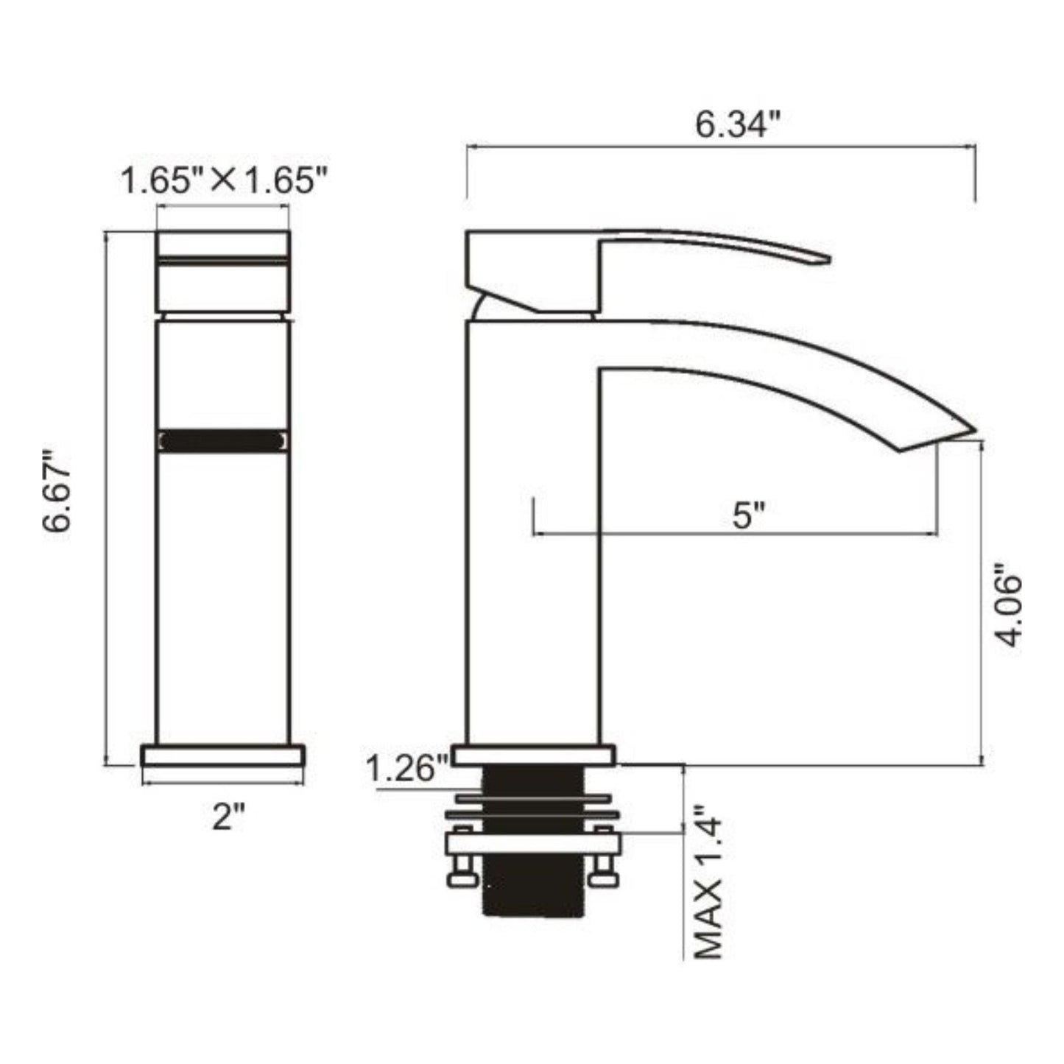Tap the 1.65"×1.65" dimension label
pos(223,180)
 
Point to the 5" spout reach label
pos(750,515)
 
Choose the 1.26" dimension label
pos(407,770)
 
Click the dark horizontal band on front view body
pos(222,440)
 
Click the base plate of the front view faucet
pos(223,756)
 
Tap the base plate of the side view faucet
pos(533,755)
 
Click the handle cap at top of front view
pos(222,244)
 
